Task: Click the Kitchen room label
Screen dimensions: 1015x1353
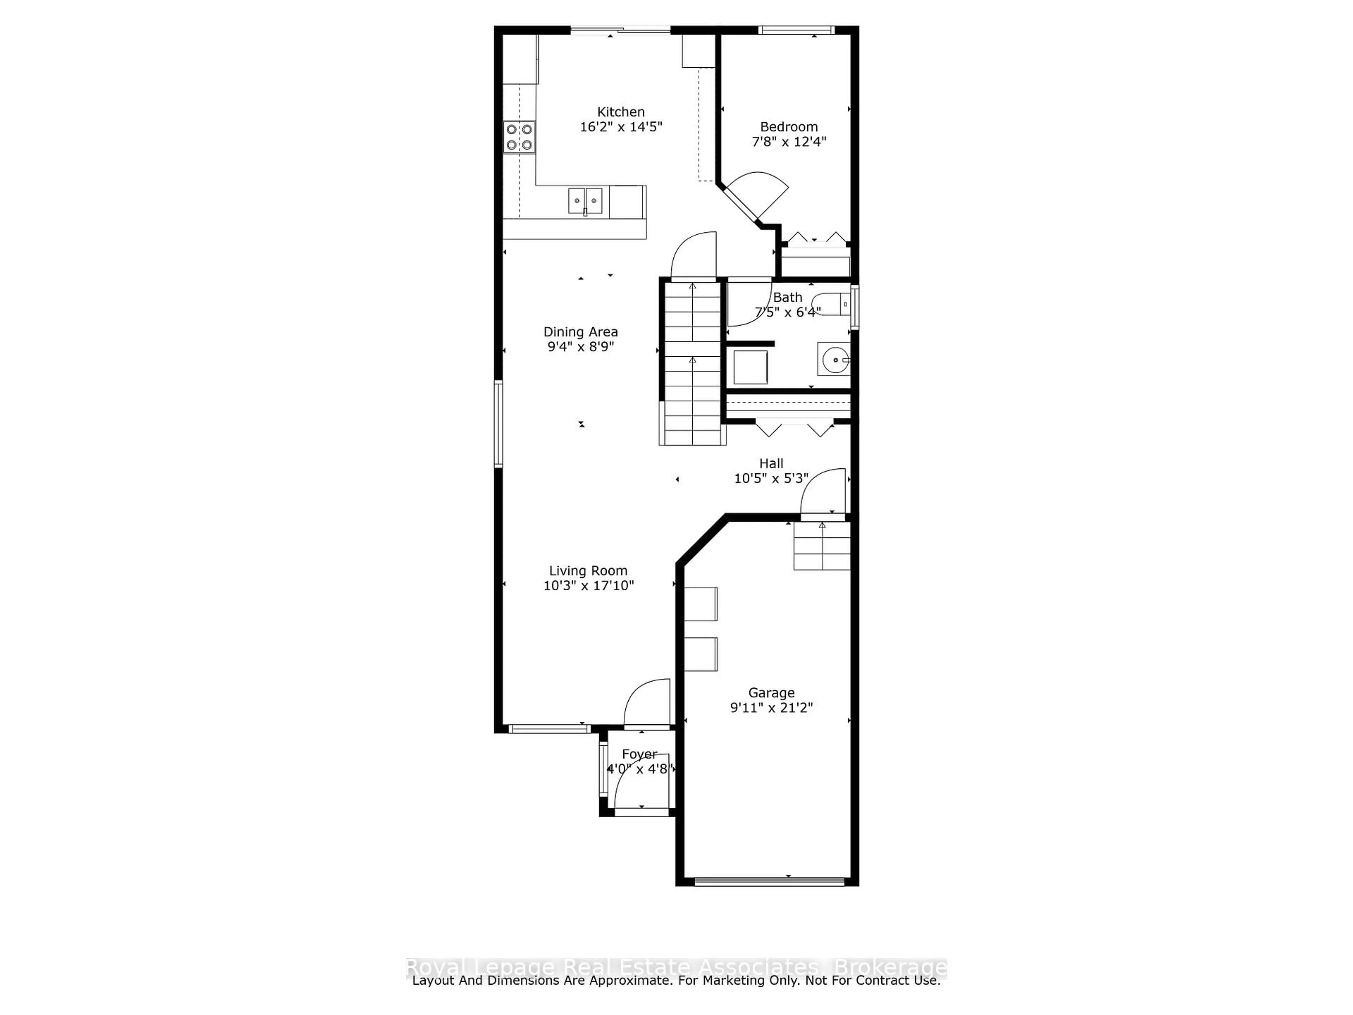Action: (x=621, y=112)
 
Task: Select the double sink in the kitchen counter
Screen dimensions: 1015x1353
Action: (x=585, y=201)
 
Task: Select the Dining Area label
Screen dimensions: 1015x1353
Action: (x=580, y=332)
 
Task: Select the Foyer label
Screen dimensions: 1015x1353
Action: (x=639, y=754)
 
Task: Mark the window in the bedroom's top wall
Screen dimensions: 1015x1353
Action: (x=796, y=29)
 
